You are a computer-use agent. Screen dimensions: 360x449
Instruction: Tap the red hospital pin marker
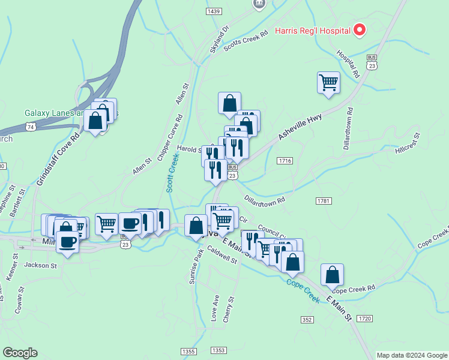point(360,29)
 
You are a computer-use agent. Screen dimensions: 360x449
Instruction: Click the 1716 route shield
point(285,161)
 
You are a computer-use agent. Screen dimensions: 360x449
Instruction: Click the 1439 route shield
point(213,11)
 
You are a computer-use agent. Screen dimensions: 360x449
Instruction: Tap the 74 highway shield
point(31,127)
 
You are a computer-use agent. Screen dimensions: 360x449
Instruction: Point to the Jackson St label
point(40,265)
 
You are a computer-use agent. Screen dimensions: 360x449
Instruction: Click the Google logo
point(20,353)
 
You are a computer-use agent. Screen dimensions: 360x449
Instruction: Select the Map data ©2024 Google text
point(411,355)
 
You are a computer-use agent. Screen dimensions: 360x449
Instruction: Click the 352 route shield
point(307,320)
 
